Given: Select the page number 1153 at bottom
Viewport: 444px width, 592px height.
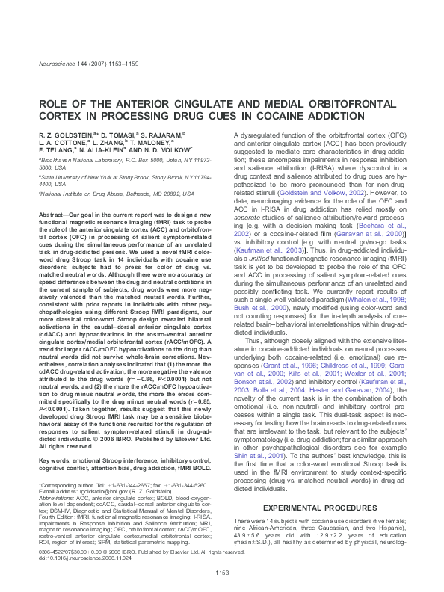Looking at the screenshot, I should tap(221, 573).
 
